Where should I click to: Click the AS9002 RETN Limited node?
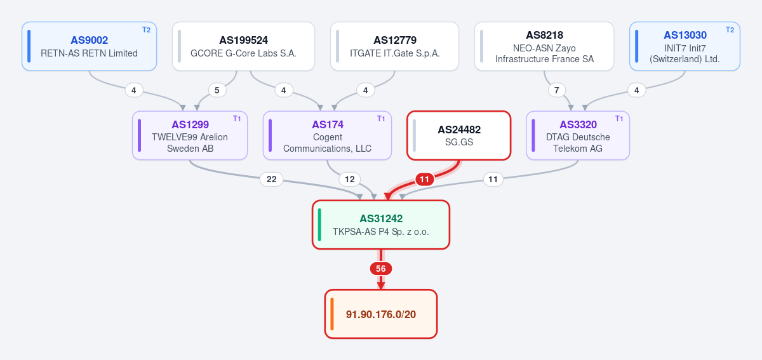(x=89, y=46)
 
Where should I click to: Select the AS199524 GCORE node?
(x=243, y=46)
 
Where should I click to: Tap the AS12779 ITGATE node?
(x=394, y=46)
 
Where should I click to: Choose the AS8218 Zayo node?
(x=544, y=46)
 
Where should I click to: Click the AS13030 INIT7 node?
(x=685, y=46)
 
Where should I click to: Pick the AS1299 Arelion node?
(x=190, y=135)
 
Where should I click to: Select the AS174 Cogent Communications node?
(x=327, y=135)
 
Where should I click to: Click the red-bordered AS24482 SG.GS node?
(x=459, y=135)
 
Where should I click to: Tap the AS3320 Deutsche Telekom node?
(x=578, y=135)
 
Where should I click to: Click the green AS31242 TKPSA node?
(x=381, y=225)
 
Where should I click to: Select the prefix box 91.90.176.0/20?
(x=381, y=314)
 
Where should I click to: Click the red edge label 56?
(x=381, y=269)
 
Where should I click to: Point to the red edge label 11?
(x=425, y=179)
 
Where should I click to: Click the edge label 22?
(x=272, y=179)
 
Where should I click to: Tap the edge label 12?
(x=350, y=179)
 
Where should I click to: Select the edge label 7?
(x=556, y=90)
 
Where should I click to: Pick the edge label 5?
(x=217, y=90)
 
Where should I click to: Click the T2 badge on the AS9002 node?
(x=146, y=30)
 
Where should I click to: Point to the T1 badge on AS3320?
(x=619, y=119)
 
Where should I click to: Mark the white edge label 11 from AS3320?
(x=493, y=179)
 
